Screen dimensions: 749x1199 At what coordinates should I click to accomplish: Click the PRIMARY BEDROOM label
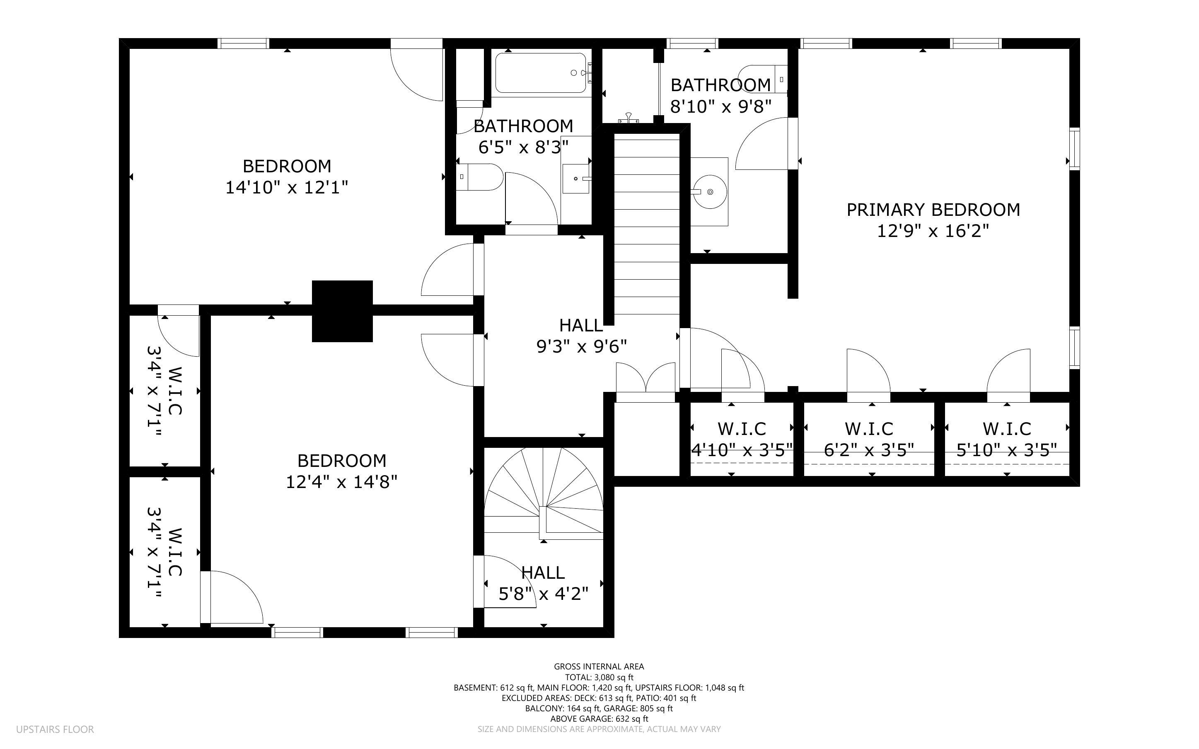tap(933, 210)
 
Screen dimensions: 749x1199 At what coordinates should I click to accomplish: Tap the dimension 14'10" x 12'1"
tap(287, 188)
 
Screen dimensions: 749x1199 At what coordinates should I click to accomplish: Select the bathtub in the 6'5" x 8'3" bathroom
tap(541, 73)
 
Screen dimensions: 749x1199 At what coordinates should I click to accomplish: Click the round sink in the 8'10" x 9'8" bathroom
tap(710, 192)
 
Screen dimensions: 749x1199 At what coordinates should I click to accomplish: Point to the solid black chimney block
tap(342, 311)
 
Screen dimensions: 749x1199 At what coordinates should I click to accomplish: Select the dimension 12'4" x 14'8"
tap(342, 482)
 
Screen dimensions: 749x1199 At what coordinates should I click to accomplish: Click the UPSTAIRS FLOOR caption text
tap(55, 729)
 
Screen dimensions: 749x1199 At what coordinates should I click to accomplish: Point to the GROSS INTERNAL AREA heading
tap(599, 667)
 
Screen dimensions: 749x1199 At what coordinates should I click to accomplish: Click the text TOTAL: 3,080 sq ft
tap(599, 677)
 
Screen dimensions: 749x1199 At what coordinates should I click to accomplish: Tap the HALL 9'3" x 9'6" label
tap(581, 336)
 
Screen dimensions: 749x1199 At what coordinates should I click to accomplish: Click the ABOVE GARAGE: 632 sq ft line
tap(599, 719)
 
